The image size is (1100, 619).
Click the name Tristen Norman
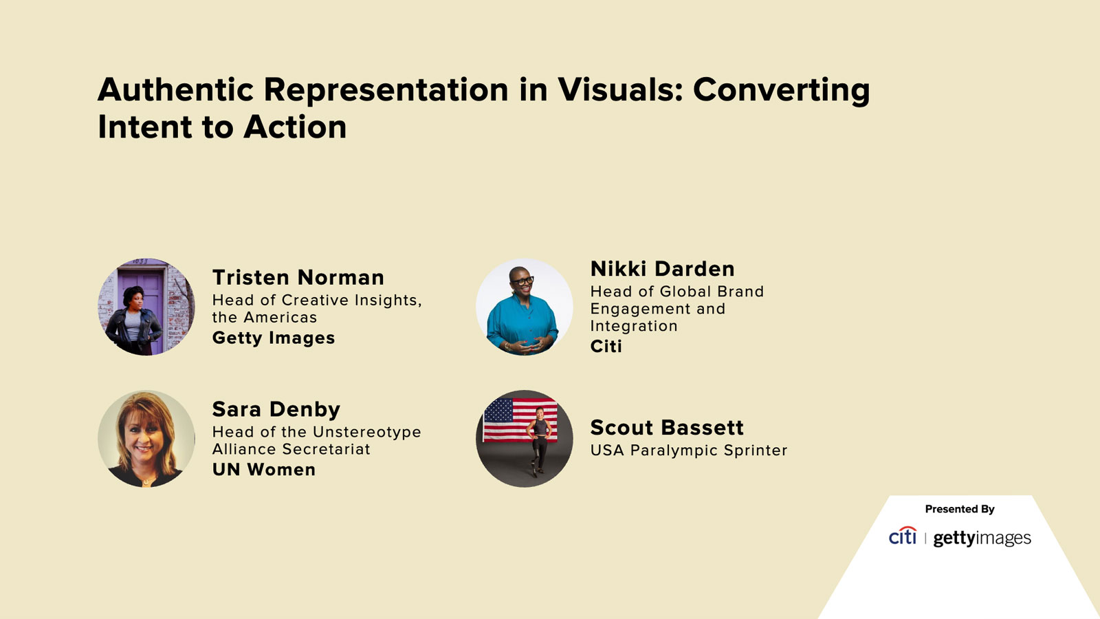click(298, 277)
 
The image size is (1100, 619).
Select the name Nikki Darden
click(662, 269)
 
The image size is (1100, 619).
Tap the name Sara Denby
click(276, 409)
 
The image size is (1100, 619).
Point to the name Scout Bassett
click(666, 428)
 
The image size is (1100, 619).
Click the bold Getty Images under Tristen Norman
click(273, 338)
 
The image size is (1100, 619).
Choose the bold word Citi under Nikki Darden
click(606, 346)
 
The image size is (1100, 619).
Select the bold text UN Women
click(263, 470)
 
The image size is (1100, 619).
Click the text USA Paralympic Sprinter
click(688, 450)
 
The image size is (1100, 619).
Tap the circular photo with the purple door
click(146, 307)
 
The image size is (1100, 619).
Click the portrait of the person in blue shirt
click(524, 307)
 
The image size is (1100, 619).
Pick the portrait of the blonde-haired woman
click(146, 439)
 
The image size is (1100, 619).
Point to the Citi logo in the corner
click(902, 536)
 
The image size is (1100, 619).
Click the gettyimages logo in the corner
click(982, 538)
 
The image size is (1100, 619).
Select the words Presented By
click(959, 509)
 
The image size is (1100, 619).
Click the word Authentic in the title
click(176, 90)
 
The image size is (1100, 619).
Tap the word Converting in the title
click(781, 90)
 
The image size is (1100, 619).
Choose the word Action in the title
click(295, 127)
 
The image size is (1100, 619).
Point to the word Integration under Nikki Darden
click(633, 326)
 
